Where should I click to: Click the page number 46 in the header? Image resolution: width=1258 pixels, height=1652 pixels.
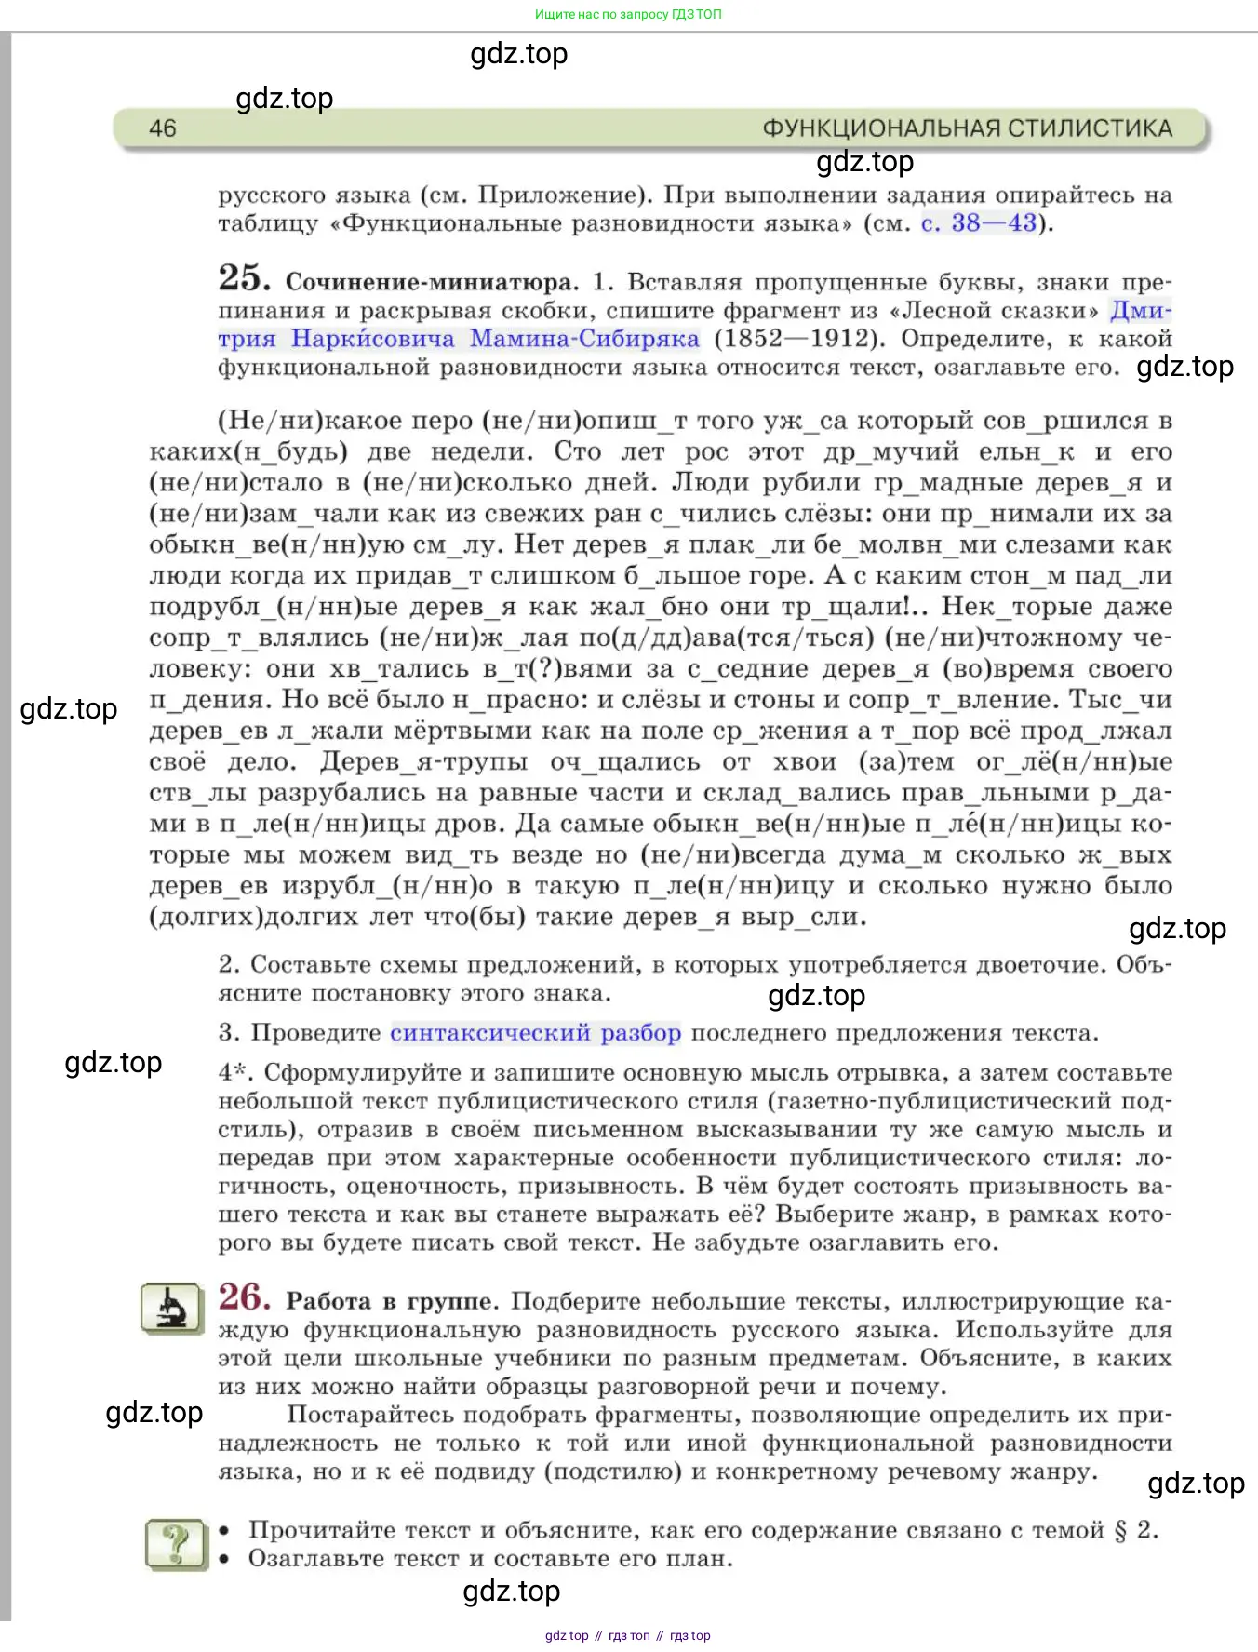click(x=163, y=128)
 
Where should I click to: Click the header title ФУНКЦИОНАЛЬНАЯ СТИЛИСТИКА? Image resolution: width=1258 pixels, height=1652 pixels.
click(x=967, y=128)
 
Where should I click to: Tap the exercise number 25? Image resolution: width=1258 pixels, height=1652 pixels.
click(x=244, y=278)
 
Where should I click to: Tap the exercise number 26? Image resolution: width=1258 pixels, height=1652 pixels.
click(x=244, y=1297)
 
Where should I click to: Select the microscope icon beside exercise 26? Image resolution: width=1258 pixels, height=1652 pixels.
click(x=171, y=1308)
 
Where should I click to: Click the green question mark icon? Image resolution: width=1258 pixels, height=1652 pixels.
click(x=177, y=1544)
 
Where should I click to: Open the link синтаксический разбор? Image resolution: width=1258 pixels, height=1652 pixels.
click(x=535, y=1033)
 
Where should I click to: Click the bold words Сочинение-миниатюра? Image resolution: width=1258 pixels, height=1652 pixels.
click(x=432, y=282)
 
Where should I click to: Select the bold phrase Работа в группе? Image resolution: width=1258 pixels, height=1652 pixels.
click(x=392, y=1301)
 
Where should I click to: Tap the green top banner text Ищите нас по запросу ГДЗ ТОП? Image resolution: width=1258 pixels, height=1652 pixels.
click(x=628, y=14)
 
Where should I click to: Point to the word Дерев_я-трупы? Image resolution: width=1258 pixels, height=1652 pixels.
click(x=424, y=762)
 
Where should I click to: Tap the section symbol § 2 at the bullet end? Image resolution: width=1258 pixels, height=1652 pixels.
click(x=1134, y=1530)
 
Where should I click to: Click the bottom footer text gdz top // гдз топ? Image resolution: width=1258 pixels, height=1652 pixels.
click(x=628, y=1635)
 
